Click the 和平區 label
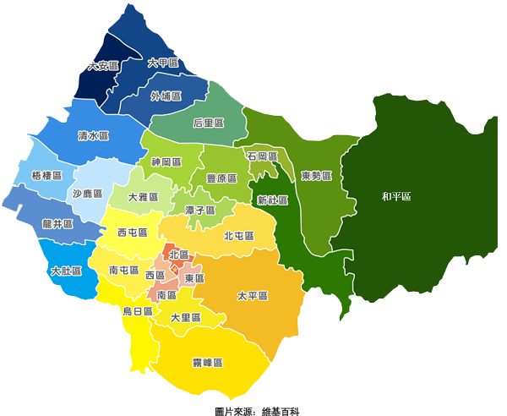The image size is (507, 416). [395, 197]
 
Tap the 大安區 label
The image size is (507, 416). [103, 66]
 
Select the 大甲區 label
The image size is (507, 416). [162, 63]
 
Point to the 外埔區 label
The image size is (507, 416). [166, 96]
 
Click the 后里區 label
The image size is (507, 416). [208, 123]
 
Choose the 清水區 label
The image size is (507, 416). [93, 135]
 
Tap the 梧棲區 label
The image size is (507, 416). [46, 175]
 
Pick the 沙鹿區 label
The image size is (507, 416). [87, 194]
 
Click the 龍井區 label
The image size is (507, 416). [57, 225]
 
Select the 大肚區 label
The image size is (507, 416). [66, 271]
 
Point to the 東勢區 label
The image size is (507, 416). [316, 176]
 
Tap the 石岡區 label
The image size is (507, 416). [263, 156]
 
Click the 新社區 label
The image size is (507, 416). [273, 200]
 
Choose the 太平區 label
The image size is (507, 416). [252, 296]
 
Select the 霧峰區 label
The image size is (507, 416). [207, 363]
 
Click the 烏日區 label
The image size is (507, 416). [138, 311]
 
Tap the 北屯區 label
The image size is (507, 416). [239, 236]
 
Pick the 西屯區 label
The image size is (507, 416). [133, 233]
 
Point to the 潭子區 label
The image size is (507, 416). [200, 210]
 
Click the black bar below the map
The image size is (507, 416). [257, 412]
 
